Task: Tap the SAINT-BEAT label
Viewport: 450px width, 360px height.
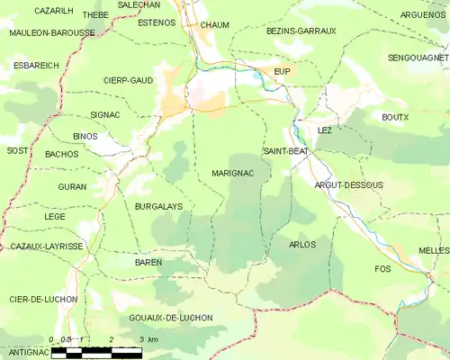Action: click(286, 151)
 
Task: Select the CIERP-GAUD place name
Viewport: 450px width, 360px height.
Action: click(128, 80)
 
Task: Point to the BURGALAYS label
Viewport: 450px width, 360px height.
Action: click(158, 206)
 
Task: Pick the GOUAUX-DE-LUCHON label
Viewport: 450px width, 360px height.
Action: click(171, 318)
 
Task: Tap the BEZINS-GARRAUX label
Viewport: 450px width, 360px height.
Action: click(301, 31)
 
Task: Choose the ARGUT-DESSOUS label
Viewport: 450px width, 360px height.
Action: click(348, 184)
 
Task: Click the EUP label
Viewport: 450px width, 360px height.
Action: click(282, 70)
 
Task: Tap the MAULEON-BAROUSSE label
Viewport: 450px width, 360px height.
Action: click(51, 32)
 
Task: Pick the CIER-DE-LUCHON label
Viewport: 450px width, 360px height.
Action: click(43, 299)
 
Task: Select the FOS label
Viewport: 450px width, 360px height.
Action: click(382, 269)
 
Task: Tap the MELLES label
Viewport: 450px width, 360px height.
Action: click(434, 249)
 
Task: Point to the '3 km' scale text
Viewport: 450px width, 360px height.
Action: click(148, 339)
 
